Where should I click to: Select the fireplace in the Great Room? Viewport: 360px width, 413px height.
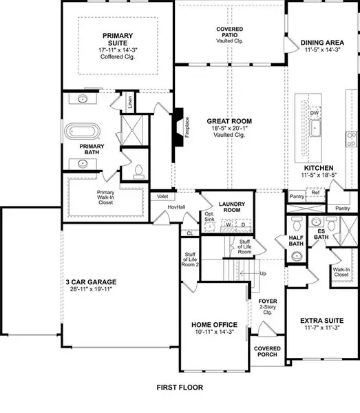pos(178,126)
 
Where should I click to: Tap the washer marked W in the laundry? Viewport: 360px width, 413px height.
pos(229,224)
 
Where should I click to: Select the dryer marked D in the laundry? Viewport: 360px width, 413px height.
pos(242,224)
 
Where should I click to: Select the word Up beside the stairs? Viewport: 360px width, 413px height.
pos(262,274)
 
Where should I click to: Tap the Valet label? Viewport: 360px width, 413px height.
pos(163,196)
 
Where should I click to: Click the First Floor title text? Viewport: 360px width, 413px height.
pos(179,388)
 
